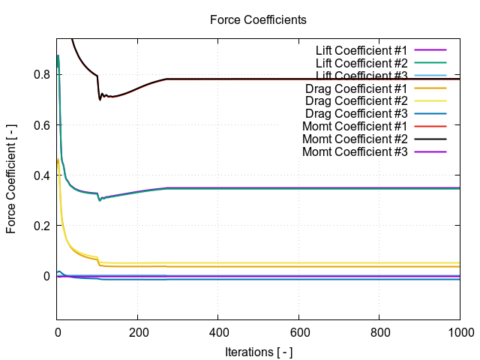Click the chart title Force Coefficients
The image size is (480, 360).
[x=258, y=20]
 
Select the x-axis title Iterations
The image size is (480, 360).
[x=258, y=351]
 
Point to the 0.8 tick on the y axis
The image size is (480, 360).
[x=42, y=74]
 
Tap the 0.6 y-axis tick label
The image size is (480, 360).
[x=42, y=125]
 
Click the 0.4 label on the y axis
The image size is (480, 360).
[x=42, y=175]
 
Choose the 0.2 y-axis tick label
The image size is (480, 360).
[x=42, y=226]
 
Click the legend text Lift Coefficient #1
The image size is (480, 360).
[x=361, y=50]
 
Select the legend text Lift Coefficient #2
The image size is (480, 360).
[x=361, y=63]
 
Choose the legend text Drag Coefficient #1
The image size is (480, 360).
[x=356, y=88]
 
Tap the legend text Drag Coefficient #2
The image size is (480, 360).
[x=356, y=100]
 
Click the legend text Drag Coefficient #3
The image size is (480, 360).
[x=356, y=113]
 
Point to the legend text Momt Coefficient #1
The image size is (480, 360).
[x=355, y=126]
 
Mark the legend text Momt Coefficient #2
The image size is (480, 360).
[x=355, y=139]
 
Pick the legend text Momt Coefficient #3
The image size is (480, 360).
[x=355, y=151]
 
